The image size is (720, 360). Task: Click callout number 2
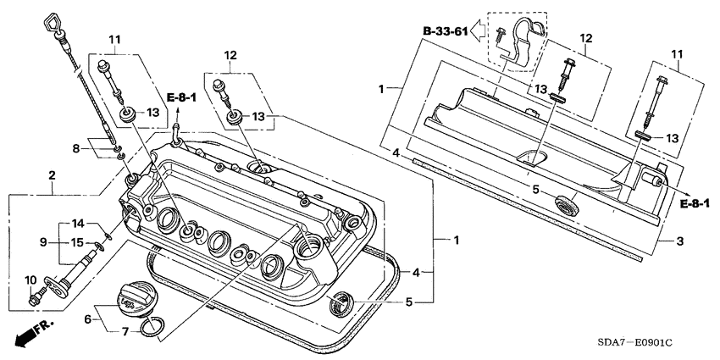[x=52, y=175]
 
